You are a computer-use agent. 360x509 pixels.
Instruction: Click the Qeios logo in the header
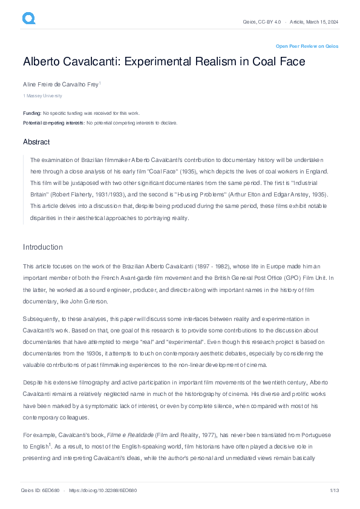28,19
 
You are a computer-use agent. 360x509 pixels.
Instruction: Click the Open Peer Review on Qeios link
307,46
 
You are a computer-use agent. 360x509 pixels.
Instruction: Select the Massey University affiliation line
43,96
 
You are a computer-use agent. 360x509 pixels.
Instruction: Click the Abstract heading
36,141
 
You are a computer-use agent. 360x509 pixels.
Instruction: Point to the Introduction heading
43,247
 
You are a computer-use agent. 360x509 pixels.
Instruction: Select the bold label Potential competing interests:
54,123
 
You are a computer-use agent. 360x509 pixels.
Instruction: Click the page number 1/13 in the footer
333,490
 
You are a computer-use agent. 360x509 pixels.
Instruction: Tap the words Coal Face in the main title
278,62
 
